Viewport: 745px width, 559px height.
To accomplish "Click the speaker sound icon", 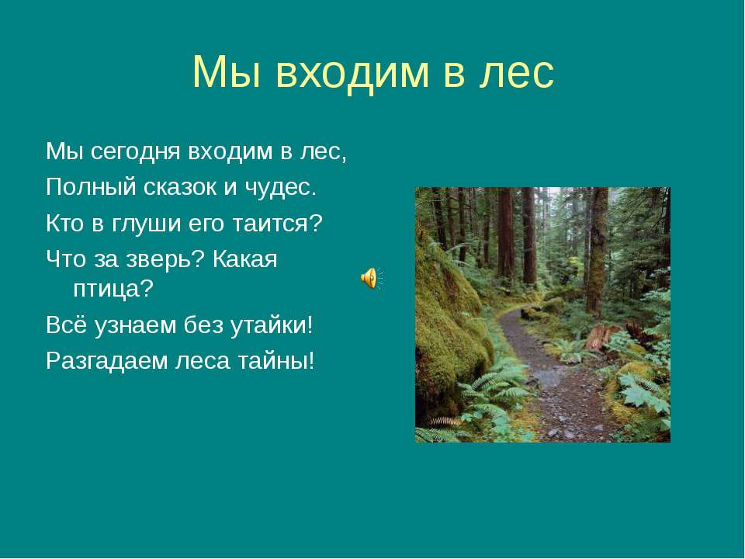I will click(371, 277).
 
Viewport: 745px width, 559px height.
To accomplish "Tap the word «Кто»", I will click(64, 224).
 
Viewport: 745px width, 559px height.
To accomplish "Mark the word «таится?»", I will click(268, 224).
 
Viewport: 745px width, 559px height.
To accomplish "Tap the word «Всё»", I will click(65, 325).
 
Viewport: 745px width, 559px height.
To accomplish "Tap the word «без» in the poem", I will click(201, 325).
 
